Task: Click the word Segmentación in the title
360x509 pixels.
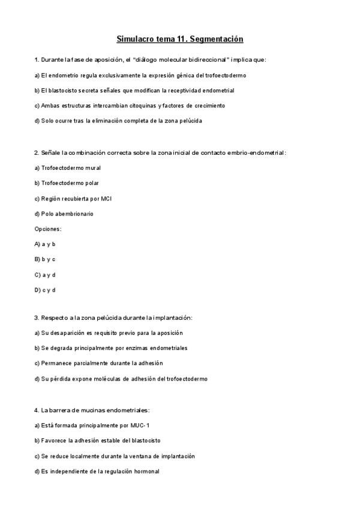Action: (217, 39)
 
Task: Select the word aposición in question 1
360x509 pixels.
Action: (97, 60)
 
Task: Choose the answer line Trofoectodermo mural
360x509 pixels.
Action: (68, 168)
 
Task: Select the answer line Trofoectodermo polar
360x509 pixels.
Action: (67, 183)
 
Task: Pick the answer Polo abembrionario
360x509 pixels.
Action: (64, 214)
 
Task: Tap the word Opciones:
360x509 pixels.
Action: (48, 229)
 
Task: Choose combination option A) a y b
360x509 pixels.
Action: (45, 244)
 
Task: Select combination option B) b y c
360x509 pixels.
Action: (45, 259)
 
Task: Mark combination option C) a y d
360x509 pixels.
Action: (45, 275)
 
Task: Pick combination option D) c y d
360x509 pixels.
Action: (45, 290)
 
